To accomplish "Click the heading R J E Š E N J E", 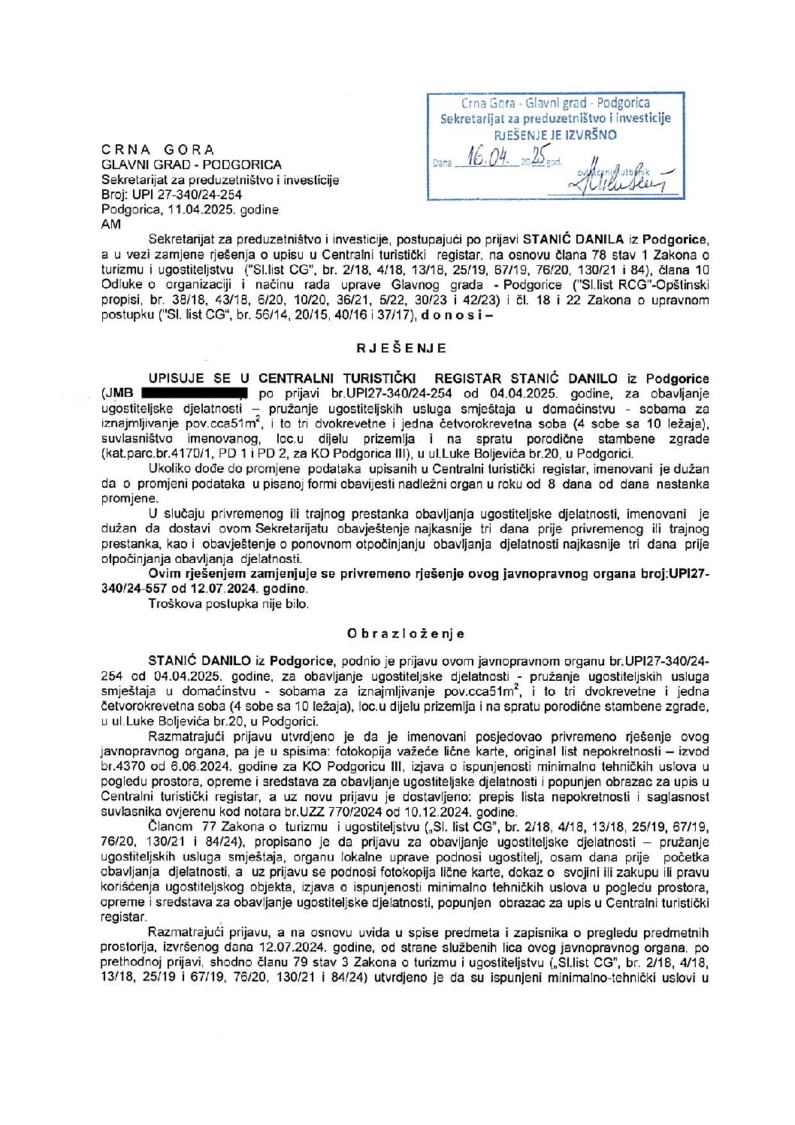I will [401, 348].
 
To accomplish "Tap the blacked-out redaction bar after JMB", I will [194, 393].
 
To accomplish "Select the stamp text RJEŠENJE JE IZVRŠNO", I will [555, 135].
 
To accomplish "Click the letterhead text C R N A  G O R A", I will [158, 150].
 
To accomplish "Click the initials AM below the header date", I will [110, 224].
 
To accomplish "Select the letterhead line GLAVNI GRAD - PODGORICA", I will [192, 165].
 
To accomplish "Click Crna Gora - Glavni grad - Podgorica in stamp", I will [555, 103].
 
